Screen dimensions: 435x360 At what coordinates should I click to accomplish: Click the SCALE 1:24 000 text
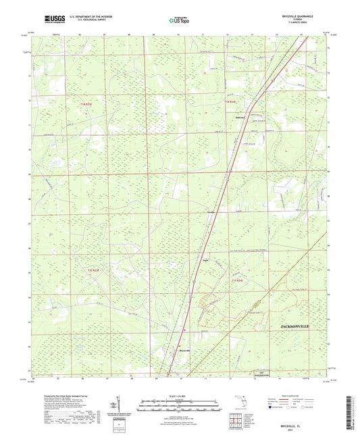[180, 395]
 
